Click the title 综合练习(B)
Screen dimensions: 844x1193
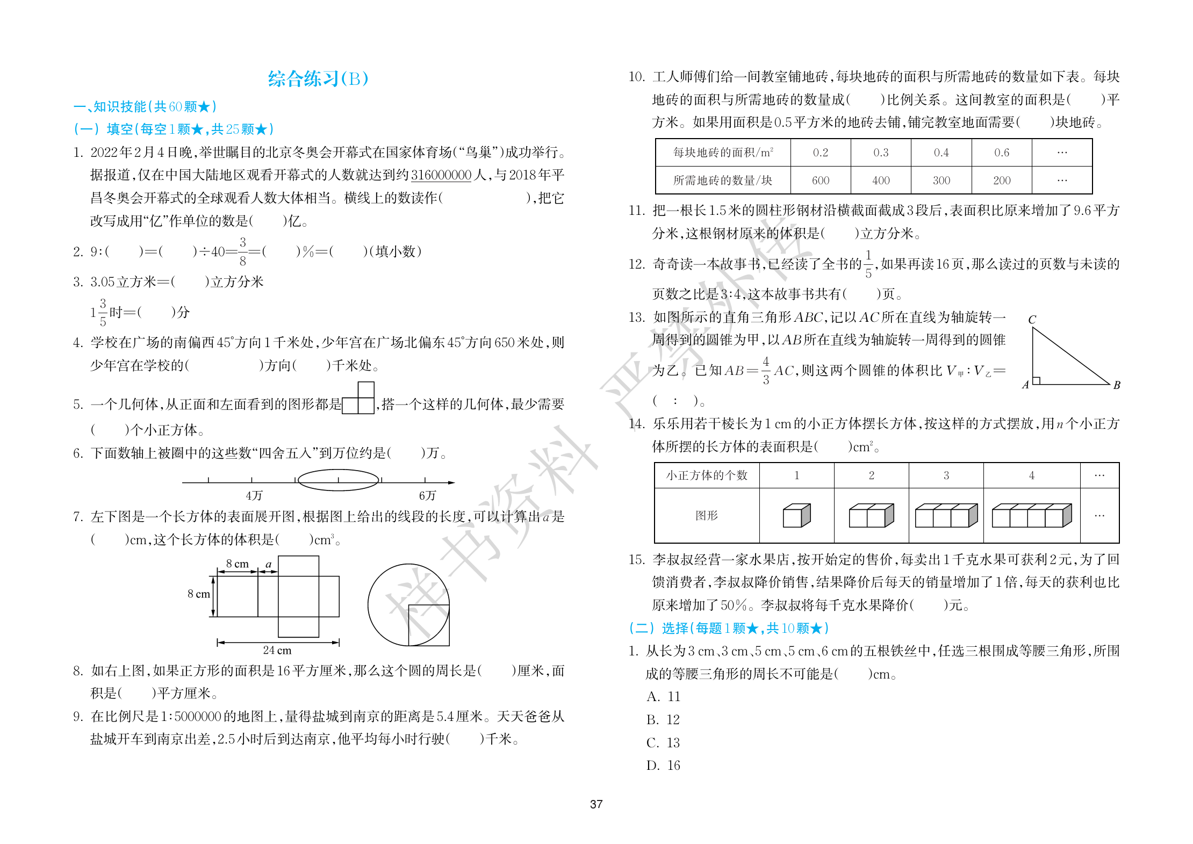click(x=318, y=79)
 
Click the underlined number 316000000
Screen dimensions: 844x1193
click(x=441, y=175)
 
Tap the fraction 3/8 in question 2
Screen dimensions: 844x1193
click(x=243, y=251)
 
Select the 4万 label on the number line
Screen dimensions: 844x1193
click(x=254, y=495)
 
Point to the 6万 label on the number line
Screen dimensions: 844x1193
click(x=427, y=495)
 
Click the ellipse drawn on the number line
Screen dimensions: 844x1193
click(x=338, y=480)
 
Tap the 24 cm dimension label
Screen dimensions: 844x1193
click(x=277, y=650)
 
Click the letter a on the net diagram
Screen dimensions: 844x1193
click(x=269, y=564)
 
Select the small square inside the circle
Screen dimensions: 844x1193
click(x=428, y=625)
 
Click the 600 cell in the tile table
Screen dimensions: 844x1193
click(x=820, y=181)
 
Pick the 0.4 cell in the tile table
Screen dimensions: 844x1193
click(x=941, y=153)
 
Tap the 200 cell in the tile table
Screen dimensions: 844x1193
click(x=1002, y=181)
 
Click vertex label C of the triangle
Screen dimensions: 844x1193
click(x=1032, y=320)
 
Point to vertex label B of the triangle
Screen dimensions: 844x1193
click(x=1117, y=385)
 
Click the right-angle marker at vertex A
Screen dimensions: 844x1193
click(x=1037, y=380)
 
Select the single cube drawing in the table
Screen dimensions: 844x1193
click(x=796, y=516)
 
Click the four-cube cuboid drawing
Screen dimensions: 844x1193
click(x=1031, y=516)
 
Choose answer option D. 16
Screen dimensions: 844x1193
click(x=663, y=766)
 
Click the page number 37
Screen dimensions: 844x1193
click(x=596, y=804)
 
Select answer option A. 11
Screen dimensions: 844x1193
click(x=663, y=697)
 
